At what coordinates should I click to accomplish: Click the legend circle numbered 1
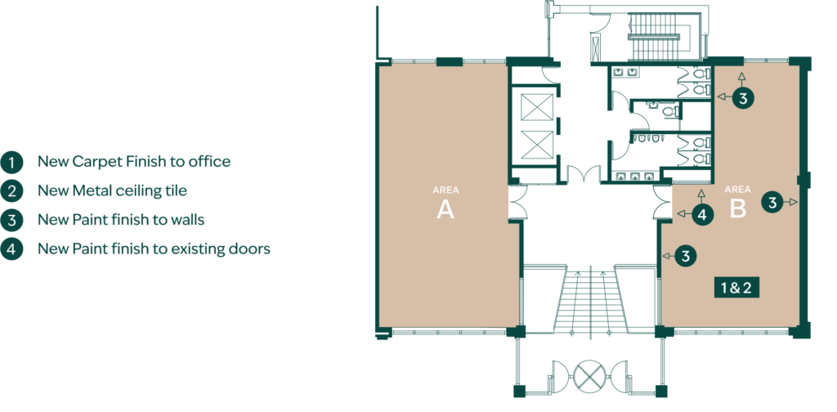coord(11,162)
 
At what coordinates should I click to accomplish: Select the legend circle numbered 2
coord(11,190)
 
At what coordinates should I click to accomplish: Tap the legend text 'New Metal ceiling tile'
coord(112,190)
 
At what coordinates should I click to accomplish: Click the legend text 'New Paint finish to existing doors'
coord(154,249)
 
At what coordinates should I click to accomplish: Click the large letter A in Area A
coord(445,210)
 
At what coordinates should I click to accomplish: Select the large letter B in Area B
coord(738,209)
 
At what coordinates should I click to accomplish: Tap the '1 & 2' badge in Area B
coord(736,289)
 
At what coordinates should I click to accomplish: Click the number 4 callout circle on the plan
coord(702,215)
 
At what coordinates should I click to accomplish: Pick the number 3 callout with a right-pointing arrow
coord(772,202)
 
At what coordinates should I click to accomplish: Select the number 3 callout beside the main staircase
coord(686,256)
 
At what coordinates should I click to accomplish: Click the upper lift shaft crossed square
coord(536,107)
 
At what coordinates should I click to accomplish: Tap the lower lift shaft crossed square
coord(536,144)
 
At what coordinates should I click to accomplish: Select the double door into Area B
coord(662,202)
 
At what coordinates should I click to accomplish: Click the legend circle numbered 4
coord(11,249)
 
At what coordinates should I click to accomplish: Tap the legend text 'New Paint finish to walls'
coord(121,219)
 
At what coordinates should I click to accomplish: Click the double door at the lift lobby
coord(584,175)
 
